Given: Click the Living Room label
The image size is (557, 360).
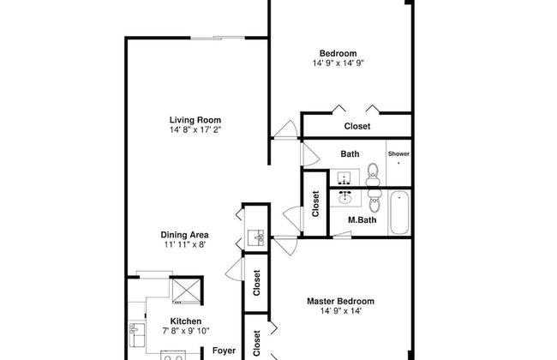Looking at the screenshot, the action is (x=195, y=120).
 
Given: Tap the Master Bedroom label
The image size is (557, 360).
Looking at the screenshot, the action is (x=340, y=302).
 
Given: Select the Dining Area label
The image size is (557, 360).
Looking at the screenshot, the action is (x=184, y=235).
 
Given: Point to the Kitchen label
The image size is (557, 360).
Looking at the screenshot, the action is (x=186, y=321).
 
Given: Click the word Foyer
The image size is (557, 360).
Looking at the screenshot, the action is (x=224, y=351).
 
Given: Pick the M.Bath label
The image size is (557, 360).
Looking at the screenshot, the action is (x=362, y=220).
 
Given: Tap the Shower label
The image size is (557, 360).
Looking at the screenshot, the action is (x=398, y=154).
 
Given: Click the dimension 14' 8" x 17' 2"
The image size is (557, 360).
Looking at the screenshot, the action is (x=195, y=129).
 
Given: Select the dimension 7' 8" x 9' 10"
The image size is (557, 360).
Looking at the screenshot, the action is (x=186, y=331).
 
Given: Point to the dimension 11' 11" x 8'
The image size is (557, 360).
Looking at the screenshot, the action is (x=185, y=244).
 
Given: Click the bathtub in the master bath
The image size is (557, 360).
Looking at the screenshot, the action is (x=399, y=213).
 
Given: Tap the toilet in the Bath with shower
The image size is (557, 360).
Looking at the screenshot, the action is (x=373, y=175).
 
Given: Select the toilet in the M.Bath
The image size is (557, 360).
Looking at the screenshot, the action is (x=374, y=201).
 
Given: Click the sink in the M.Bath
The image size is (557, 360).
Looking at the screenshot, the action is (x=345, y=197).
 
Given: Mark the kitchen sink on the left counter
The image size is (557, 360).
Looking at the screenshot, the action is (x=137, y=335).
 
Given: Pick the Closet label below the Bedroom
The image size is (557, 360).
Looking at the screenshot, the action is (x=357, y=126).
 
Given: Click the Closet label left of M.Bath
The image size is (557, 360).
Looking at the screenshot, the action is (x=315, y=204).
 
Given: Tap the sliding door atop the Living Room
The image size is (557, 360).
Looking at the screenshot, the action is (x=218, y=38).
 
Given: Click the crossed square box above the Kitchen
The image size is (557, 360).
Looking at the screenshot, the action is (x=186, y=291).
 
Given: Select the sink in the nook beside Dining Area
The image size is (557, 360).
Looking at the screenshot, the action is (x=255, y=238).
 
